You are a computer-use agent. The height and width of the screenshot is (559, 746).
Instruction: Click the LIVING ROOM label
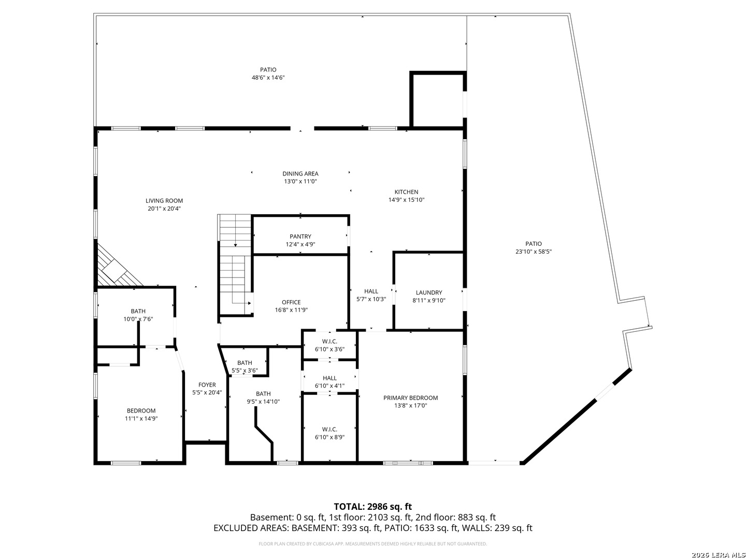pyautogui.click(x=164, y=201)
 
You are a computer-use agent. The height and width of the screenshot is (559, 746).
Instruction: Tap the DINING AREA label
pyautogui.click(x=300, y=174)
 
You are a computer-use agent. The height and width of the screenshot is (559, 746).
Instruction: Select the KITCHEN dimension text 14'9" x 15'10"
pyautogui.click(x=407, y=200)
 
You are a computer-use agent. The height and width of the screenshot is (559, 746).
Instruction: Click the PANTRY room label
pyautogui.click(x=300, y=237)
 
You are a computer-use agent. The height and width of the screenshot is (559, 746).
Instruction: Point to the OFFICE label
pyautogui.click(x=291, y=302)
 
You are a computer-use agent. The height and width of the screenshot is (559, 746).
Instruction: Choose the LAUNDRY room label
pyautogui.click(x=429, y=292)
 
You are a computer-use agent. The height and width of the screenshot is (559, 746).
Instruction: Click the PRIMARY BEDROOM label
pyautogui.click(x=410, y=398)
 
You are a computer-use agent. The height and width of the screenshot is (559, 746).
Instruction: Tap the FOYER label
pyautogui.click(x=207, y=385)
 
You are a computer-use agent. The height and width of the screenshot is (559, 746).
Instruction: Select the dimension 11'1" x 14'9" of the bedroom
pyautogui.click(x=141, y=419)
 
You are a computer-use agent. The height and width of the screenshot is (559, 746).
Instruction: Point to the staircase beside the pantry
pyautogui.click(x=236, y=264)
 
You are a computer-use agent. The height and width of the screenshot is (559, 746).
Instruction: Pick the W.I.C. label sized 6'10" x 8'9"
pyautogui.click(x=329, y=430)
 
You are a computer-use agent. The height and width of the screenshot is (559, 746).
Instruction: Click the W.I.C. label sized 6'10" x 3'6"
pyautogui.click(x=329, y=342)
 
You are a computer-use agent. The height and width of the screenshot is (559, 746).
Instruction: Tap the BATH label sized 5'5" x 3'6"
pyautogui.click(x=245, y=363)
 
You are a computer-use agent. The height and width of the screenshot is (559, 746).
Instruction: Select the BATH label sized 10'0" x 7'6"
pyautogui.click(x=138, y=311)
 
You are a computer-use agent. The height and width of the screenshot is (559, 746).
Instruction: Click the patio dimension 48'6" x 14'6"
pyautogui.click(x=268, y=78)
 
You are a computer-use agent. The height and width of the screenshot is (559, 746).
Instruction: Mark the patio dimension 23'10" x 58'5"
pyautogui.click(x=534, y=252)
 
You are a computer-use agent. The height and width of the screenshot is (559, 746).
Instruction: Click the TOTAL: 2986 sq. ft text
pyautogui.click(x=373, y=507)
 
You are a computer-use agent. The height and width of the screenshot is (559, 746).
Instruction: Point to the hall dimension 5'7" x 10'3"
pyautogui.click(x=371, y=299)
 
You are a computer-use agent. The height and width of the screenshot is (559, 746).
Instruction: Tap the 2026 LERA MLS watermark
pyautogui.click(x=718, y=555)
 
